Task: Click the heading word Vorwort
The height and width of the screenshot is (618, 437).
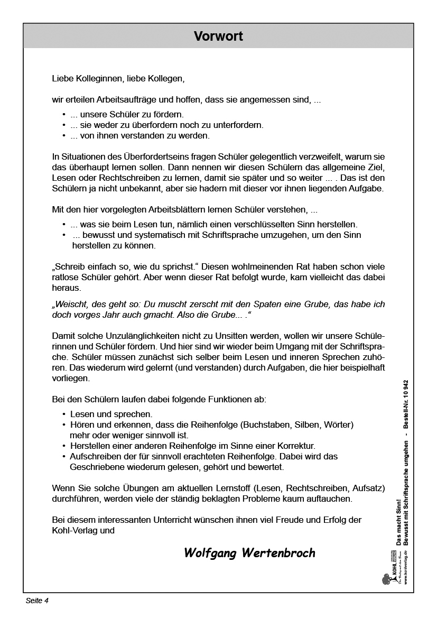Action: click(x=218, y=36)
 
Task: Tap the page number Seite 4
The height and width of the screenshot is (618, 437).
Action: click(x=37, y=601)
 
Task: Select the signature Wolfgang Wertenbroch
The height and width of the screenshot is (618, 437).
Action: click(x=249, y=553)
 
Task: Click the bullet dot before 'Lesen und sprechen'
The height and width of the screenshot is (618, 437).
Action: click(x=64, y=414)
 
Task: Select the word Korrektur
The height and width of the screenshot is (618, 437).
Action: click(x=297, y=446)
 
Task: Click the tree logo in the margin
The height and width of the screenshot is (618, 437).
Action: click(x=387, y=579)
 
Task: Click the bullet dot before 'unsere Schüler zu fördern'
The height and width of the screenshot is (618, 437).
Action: click(x=64, y=114)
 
